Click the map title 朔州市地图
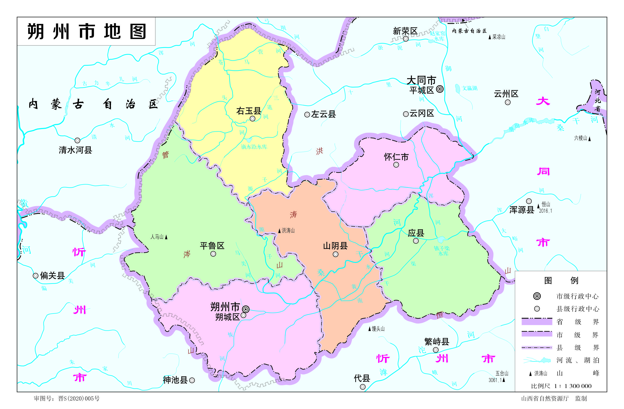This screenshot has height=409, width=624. click(86, 31)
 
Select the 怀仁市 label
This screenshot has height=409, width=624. click(396, 157)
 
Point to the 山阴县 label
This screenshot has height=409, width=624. click(335, 246)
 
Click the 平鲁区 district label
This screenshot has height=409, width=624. click(212, 246)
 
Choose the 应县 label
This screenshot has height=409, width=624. click(416, 233)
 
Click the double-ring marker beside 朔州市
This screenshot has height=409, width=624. click(246, 309)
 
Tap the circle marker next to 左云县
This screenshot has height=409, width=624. click(307, 115)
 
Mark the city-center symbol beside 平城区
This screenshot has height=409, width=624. click(440, 89)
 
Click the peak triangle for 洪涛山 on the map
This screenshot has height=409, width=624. click(279, 231)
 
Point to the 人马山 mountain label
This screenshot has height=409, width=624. click(157, 237)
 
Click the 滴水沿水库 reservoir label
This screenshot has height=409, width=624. click(254, 147)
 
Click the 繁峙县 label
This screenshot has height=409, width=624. click(436, 342)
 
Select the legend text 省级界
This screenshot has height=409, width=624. click(578, 322)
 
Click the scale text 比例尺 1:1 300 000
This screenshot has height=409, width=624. click(561, 386)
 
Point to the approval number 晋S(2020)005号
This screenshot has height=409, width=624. click(79, 399)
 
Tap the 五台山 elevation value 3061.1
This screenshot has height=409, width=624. click(495, 380)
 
